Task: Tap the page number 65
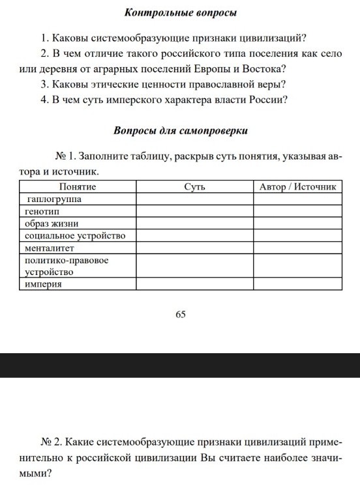(x=181, y=314)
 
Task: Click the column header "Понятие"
(x=78, y=187)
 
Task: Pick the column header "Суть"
(x=195, y=187)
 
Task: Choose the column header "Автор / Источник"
(x=297, y=187)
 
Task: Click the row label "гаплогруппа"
(x=54, y=199)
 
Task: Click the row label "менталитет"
(x=50, y=248)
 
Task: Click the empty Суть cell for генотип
(x=195, y=211)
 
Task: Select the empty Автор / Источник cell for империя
(x=297, y=284)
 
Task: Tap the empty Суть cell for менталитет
(x=195, y=248)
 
